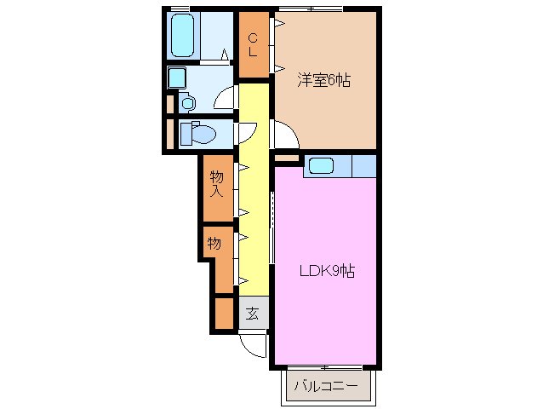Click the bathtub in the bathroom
click(x=182, y=35)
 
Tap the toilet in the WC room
click(x=198, y=134)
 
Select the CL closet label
click(x=254, y=44)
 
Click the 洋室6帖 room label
click(x=323, y=80)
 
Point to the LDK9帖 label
click(x=327, y=271)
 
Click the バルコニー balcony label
click(x=325, y=386)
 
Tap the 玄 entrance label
click(x=253, y=314)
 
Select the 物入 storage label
click(x=217, y=184)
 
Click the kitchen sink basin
click(x=321, y=165)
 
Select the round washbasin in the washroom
click(x=188, y=103)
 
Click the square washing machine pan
click(x=177, y=78)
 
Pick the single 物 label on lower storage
click(x=214, y=244)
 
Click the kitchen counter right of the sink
click(x=364, y=166)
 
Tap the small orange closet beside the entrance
click(x=224, y=314)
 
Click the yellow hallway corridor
click(x=254, y=189)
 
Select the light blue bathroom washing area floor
click(x=216, y=36)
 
